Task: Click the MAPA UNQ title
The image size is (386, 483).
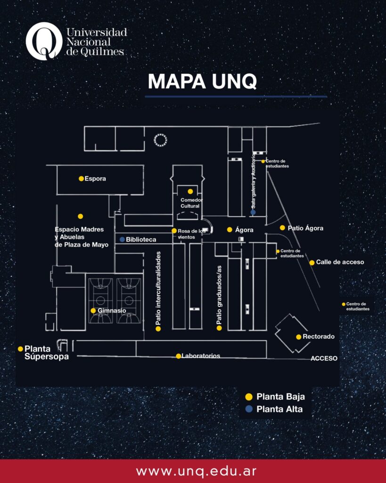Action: coord(202,81)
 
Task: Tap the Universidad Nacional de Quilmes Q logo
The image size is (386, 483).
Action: coord(44,41)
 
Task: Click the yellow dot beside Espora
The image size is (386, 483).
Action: coord(81,179)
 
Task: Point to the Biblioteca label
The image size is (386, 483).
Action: coord(141,240)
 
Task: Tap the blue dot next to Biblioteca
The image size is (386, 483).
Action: coord(122,240)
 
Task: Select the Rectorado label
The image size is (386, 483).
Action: coord(319,337)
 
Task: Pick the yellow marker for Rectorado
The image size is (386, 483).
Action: coord(299,337)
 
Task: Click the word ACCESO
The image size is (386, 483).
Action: coord(324,358)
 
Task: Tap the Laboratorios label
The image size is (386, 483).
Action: coord(201,356)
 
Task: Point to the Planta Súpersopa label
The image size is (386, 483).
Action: coord(46,353)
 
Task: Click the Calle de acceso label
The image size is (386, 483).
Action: coord(340,262)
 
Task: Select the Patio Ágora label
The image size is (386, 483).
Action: coord(305,228)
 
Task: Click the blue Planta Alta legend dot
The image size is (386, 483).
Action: coord(248,409)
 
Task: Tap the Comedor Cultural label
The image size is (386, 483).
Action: coord(190,203)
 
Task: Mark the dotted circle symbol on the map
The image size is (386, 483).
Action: coord(161,140)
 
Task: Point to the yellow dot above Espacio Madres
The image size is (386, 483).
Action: coord(81,216)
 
